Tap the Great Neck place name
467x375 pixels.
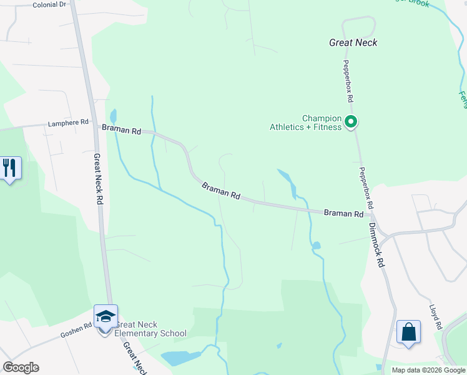[353, 42]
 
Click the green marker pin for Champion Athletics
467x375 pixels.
[351, 122]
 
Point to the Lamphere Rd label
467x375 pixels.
[68, 123]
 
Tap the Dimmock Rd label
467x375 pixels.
[375, 246]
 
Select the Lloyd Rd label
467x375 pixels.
[436, 317]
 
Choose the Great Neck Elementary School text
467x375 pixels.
[150, 329]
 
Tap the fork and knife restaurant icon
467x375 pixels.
[9, 167]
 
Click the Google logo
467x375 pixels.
[21, 367]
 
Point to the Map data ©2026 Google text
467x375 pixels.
[428, 370]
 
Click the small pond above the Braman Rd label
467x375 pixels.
[113, 116]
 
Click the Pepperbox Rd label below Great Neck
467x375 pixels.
[347, 81]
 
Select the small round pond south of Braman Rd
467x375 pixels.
[316, 245]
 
